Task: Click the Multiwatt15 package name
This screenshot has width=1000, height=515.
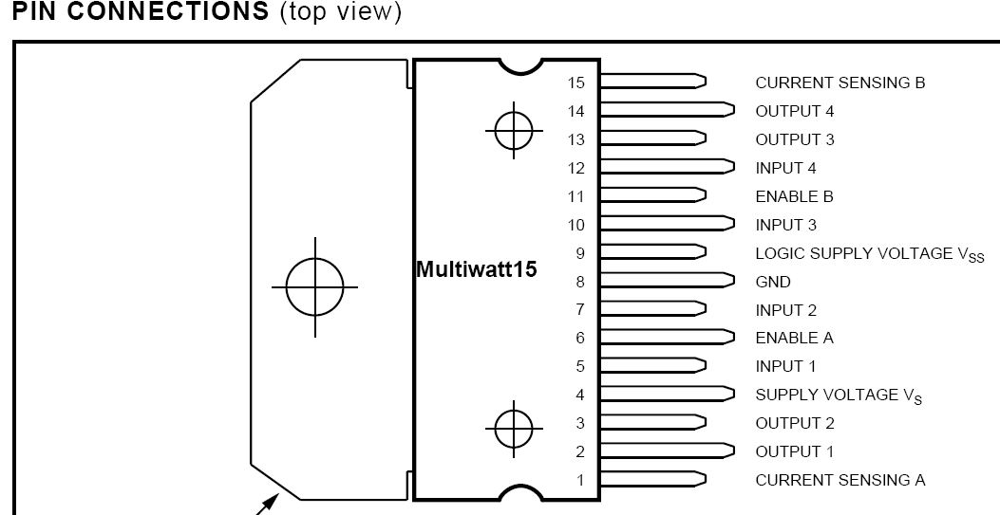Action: [477, 269]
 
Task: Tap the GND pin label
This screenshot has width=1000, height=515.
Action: [773, 282]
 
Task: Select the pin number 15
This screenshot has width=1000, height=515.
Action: [575, 83]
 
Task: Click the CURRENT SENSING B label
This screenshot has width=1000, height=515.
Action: [840, 83]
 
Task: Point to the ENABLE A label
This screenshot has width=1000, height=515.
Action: [794, 338]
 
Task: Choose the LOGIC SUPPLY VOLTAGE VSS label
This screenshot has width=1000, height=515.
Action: [870, 254]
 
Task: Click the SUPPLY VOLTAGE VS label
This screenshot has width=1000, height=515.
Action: [839, 395]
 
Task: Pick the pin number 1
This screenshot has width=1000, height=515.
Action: [580, 480]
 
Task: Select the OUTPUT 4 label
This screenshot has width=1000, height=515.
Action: [795, 111]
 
